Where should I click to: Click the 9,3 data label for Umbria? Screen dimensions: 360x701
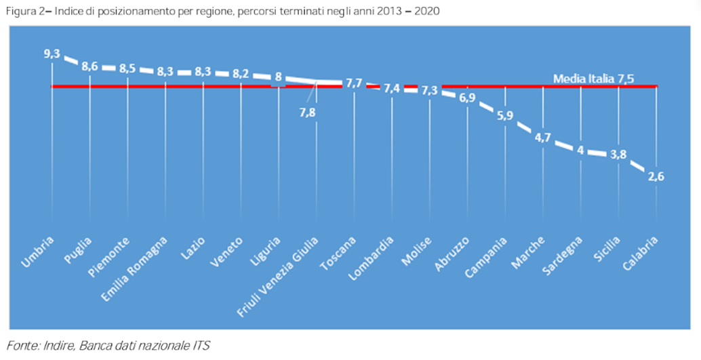tap(52, 53)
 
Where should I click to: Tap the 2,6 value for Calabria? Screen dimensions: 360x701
tap(656, 178)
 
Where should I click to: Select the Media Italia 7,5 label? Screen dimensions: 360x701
tap(593, 78)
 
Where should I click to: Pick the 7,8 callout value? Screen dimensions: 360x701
tap(308, 112)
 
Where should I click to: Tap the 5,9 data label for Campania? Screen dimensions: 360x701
tap(505, 115)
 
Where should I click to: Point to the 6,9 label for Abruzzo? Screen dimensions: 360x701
tap(467, 98)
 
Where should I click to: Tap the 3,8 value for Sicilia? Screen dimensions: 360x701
tap(618, 154)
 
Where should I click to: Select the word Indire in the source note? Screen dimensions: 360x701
tap(53, 346)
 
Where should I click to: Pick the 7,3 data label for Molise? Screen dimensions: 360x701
tap(430, 91)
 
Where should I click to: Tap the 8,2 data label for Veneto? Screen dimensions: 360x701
tap(241, 74)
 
